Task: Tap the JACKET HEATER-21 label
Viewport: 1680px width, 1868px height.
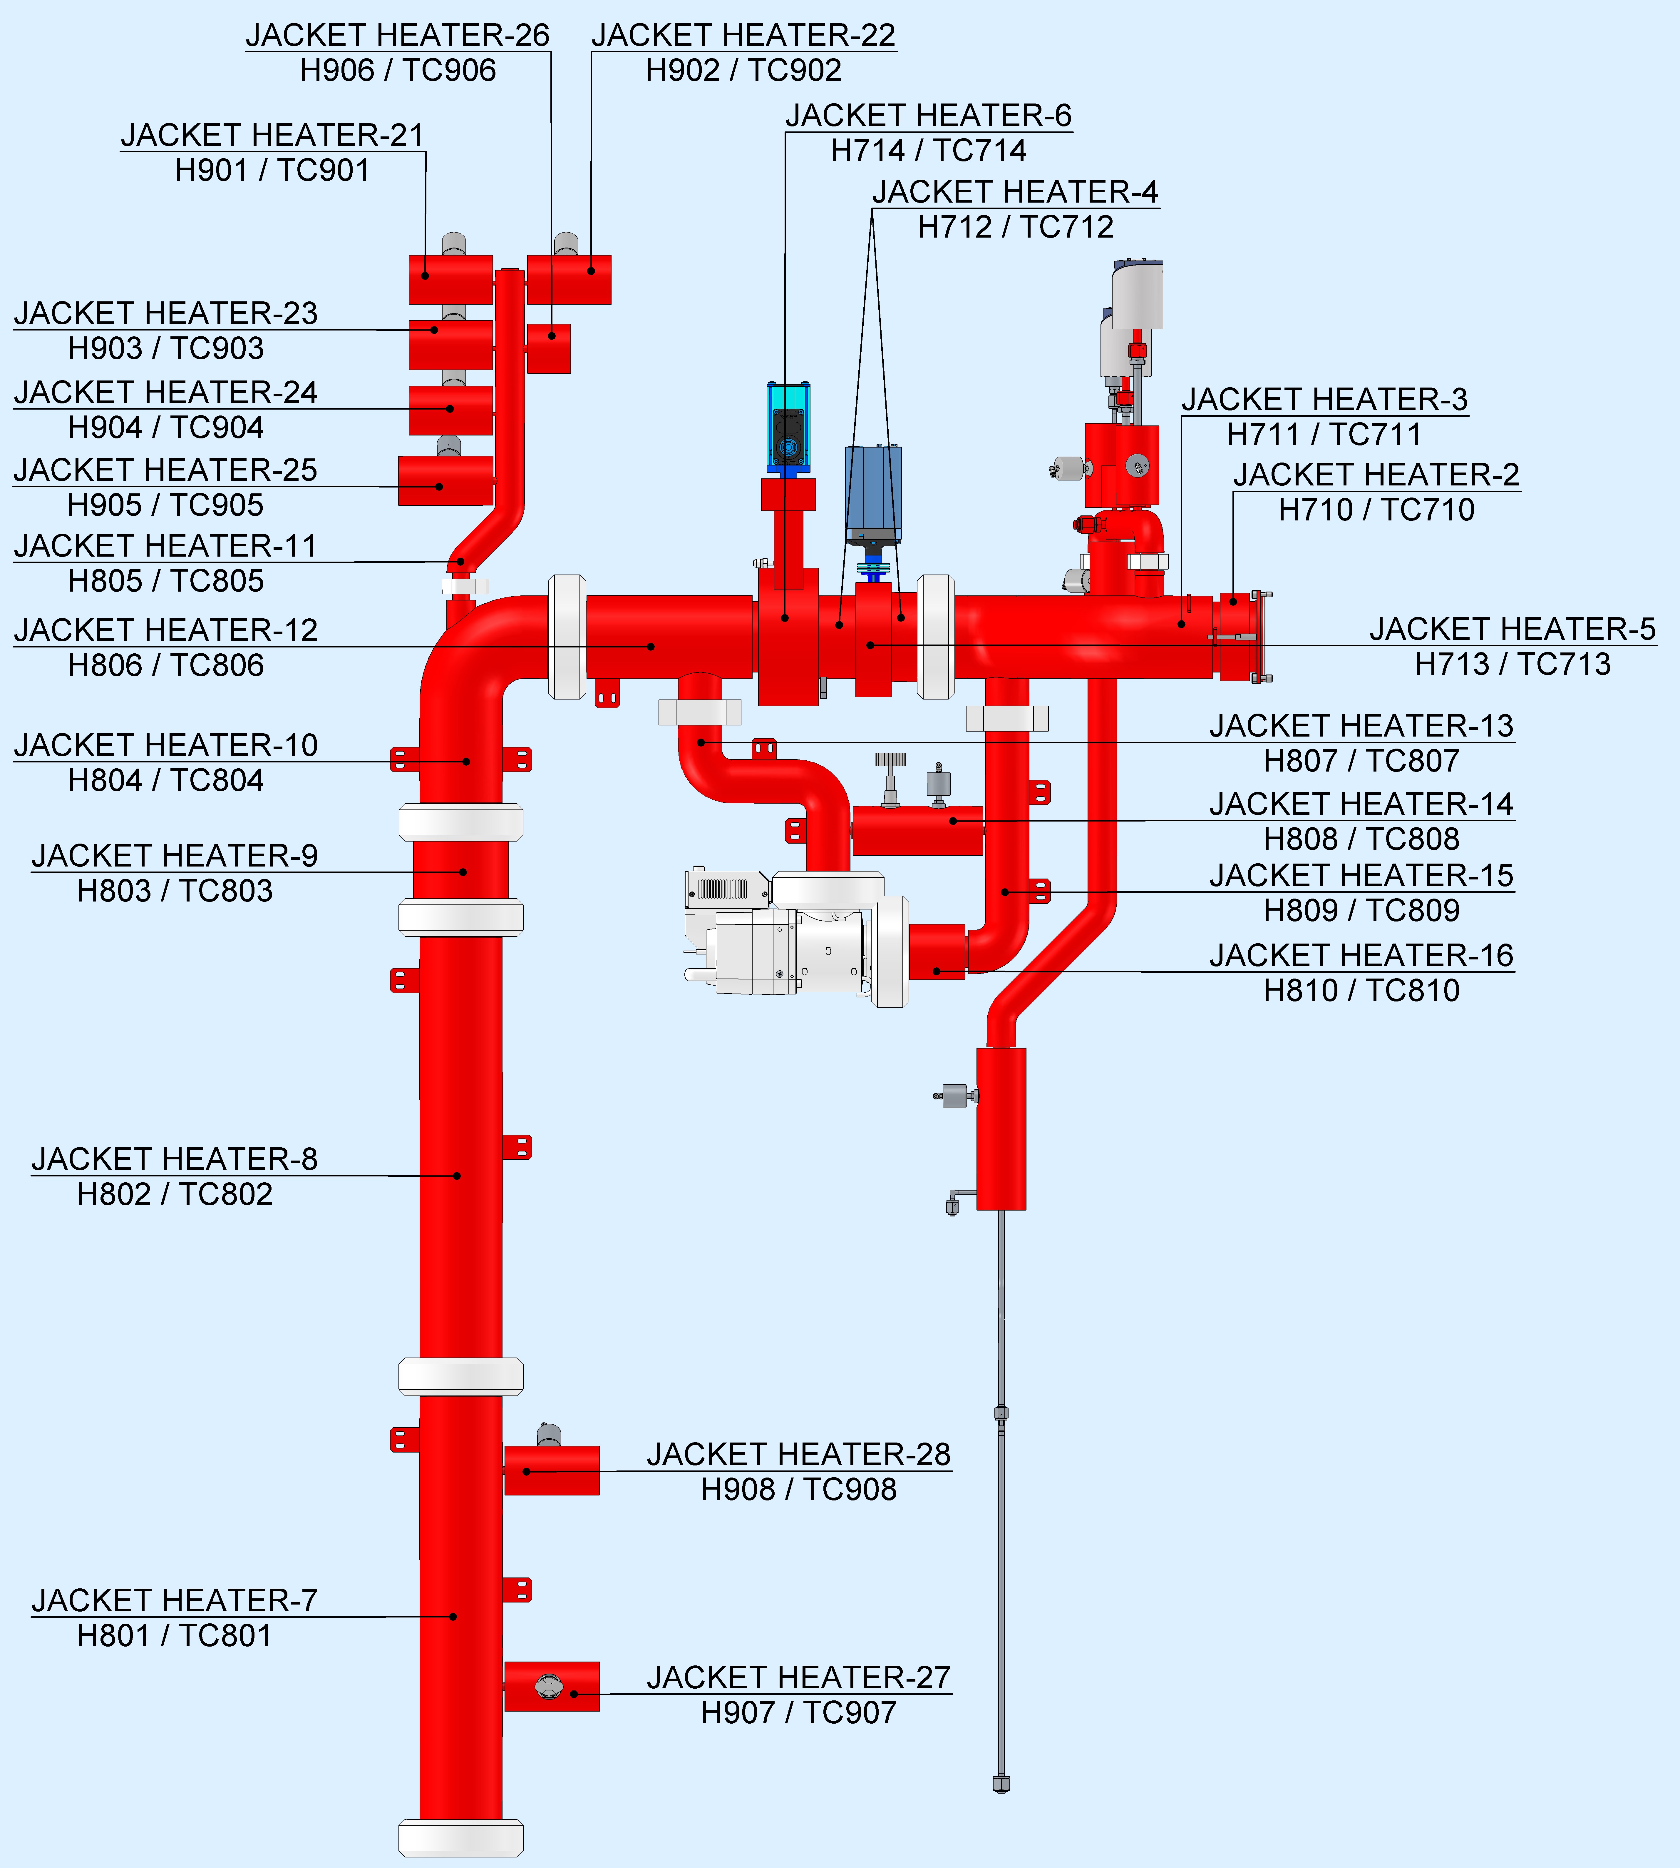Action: (x=272, y=136)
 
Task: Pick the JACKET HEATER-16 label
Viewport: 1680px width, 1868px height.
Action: (x=1361, y=956)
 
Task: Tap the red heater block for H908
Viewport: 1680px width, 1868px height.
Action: (x=552, y=1470)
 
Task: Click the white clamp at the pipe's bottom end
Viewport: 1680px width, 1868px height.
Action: (x=460, y=1837)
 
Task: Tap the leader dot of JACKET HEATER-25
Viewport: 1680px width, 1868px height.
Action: (x=439, y=487)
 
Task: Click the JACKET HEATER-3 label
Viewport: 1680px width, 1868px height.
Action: (x=1325, y=400)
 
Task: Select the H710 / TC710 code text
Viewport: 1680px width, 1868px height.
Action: (x=1376, y=510)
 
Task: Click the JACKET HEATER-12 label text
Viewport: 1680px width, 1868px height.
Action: (x=166, y=631)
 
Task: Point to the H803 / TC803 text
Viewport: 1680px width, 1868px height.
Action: (x=175, y=891)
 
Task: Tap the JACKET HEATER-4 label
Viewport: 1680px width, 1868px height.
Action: (x=1015, y=192)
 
